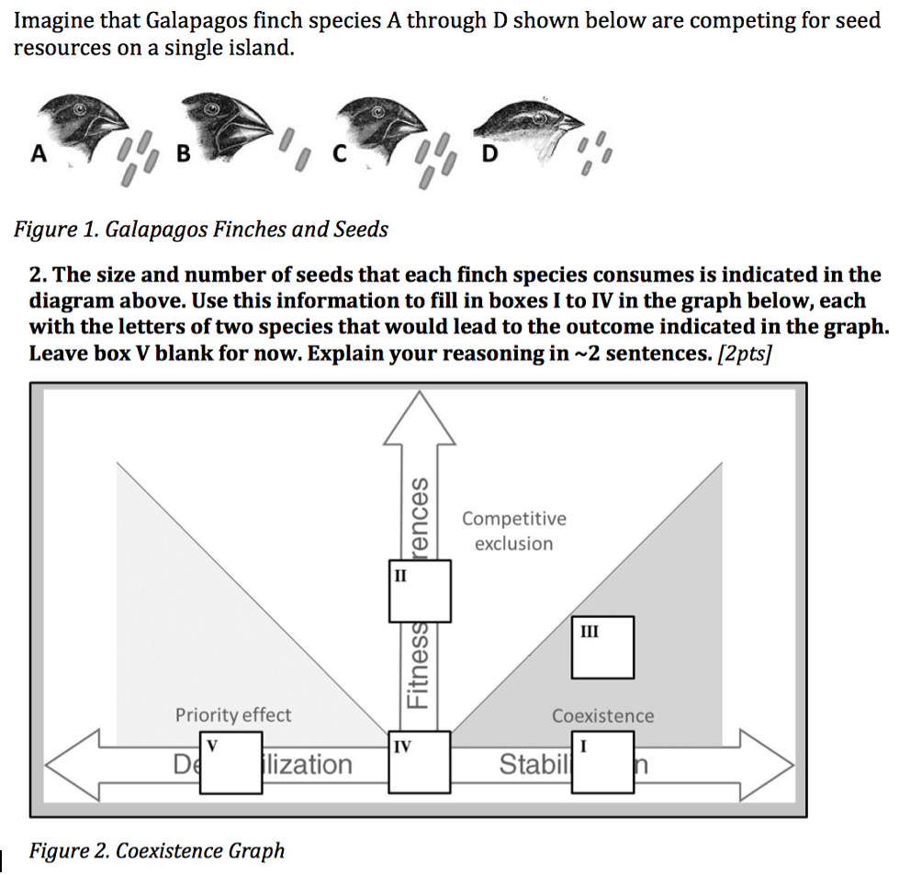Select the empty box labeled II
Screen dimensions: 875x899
pos(420,590)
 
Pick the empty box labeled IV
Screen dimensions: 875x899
pos(420,761)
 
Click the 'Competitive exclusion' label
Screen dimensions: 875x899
pos(514,531)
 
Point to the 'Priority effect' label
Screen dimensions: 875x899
pos(233,714)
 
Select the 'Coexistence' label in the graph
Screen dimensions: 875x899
pos(602,715)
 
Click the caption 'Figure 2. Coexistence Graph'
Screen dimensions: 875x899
pos(157,851)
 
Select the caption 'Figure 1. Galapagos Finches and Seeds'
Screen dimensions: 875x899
pos(201,229)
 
